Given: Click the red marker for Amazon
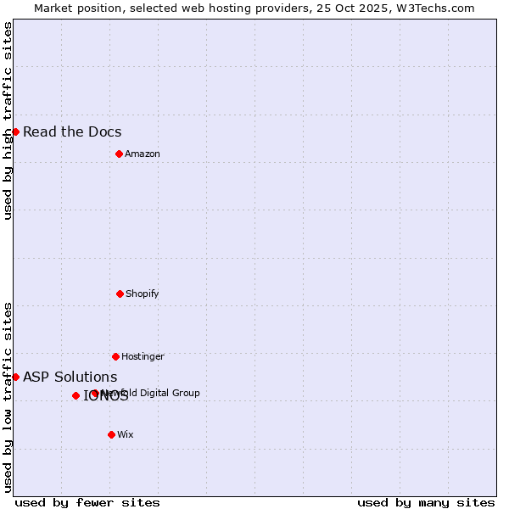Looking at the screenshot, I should point(119,154).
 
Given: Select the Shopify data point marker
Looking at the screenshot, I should point(120,294).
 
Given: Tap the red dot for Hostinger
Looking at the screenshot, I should point(115,356).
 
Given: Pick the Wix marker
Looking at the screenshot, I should point(111,434).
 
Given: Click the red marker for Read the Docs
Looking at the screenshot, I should point(15,131).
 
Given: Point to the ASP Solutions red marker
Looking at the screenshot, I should point(15,377).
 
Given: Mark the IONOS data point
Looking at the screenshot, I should point(76,395).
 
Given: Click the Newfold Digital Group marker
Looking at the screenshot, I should point(95,393).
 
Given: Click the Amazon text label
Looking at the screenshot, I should point(143,154).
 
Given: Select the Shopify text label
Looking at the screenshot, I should point(143,294).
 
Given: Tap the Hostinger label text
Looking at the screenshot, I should point(143,356).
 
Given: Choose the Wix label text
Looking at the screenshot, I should point(126,434).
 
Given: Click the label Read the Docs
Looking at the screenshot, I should point(72,131).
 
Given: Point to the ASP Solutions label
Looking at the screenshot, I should point(70,377).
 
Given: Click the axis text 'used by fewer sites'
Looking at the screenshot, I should point(87,502).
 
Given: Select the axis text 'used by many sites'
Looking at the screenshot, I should point(426,502).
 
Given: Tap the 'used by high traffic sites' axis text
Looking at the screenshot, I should point(8,120).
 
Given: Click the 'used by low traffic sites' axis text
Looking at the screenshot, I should point(8,397).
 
